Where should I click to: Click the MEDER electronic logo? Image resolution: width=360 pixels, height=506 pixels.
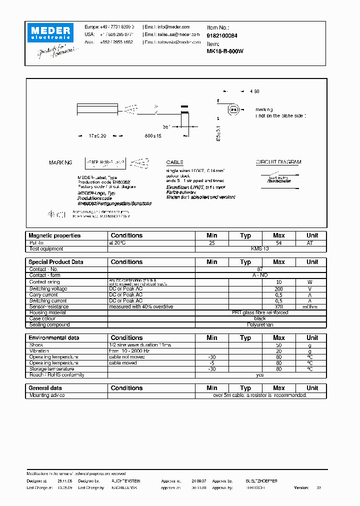(50, 32)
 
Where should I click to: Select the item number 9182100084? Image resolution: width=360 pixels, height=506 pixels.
(222, 35)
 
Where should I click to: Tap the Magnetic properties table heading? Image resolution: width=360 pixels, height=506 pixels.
(54, 235)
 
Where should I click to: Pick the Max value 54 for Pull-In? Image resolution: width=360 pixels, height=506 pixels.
(278, 242)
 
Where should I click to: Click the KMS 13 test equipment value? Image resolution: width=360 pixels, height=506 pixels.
(260, 248)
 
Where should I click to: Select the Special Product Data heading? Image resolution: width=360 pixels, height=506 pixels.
(56, 262)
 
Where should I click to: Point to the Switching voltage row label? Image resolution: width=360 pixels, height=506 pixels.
(48, 289)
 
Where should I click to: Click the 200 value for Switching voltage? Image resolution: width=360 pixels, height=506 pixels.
(278, 289)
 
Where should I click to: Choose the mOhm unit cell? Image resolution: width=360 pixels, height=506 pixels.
(312, 307)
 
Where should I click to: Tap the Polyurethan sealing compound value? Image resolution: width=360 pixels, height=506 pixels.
(260, 325)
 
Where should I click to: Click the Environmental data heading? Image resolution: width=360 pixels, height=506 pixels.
(54, 338)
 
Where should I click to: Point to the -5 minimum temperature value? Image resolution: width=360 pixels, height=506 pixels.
(211, 363)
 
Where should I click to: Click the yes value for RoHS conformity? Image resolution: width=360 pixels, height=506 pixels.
(260, 375)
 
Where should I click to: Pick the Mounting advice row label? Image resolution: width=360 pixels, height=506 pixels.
(47, 395)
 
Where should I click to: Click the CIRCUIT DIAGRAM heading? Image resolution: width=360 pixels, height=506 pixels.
(278, 162)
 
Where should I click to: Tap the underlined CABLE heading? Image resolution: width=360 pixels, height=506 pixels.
(175, 162)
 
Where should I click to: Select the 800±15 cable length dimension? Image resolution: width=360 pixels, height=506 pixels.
(152, 136)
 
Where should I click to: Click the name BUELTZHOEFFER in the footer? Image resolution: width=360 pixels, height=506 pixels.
(261, 480)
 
